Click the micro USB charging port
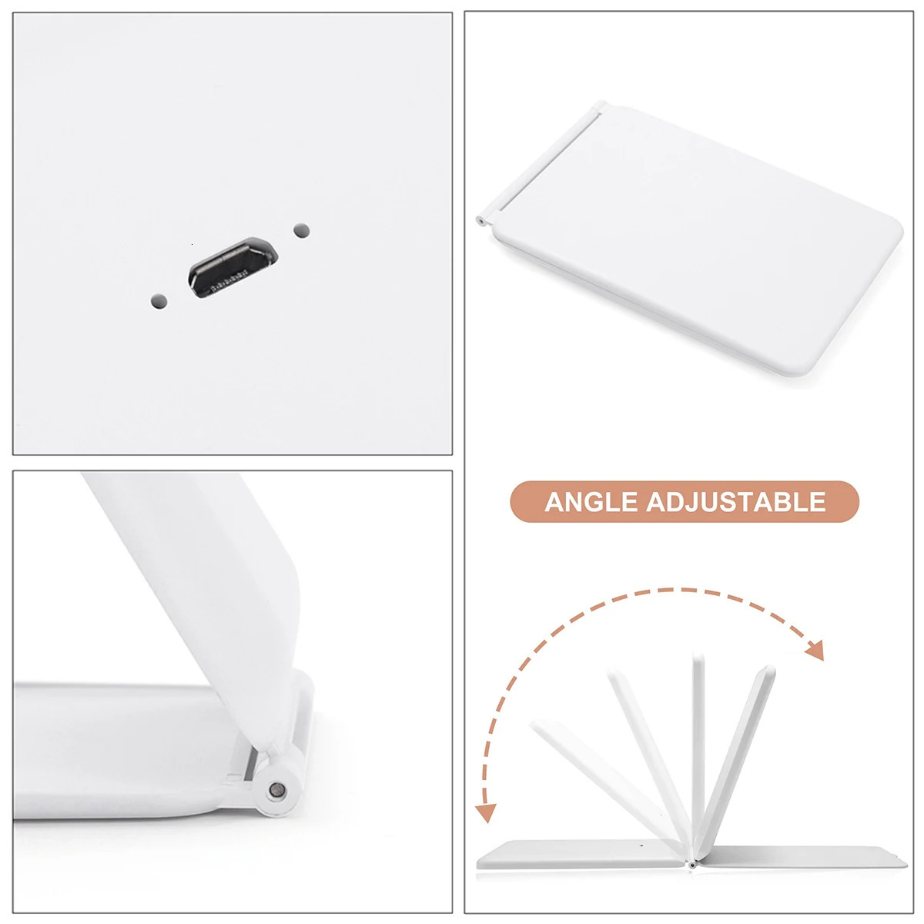(233, 267)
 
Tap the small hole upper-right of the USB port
(301, 231)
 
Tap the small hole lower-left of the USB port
(159, 302)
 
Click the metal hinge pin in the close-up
(276, 789)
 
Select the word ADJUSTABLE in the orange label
(736, 502)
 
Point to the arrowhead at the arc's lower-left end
(486, 813)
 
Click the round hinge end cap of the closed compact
(480, 221)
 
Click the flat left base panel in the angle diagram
(581, 855)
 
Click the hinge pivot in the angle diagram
(691, 865)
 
